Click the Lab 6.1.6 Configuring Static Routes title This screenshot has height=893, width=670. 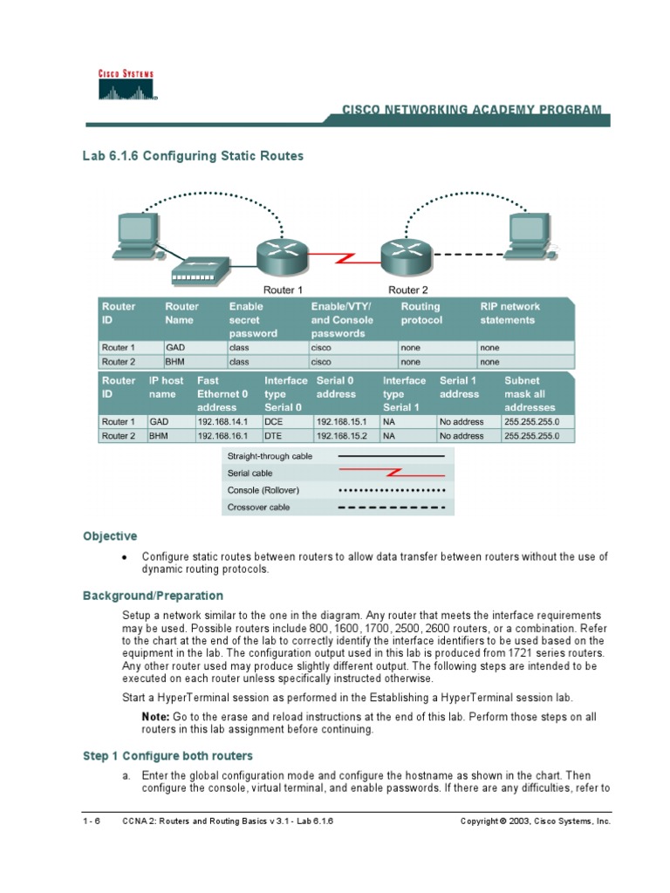pyautogui.click(x=193, y=156)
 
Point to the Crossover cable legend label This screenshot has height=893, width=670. pyautogui.click(x=258, y=507)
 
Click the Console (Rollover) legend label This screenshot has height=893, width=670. pyautogui.click(x=263, y=490)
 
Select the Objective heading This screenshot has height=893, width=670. pyautogui.click(x=110, y=536)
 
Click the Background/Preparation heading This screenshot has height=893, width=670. pyautogui.click(x=153, y=596)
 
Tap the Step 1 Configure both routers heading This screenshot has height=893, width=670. pyautogui.click(x=167, y=755)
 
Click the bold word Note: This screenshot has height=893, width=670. pyautogui.click(x=156, y=716)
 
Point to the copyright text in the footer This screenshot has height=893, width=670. pyautogui.click(x=535, y=821)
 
